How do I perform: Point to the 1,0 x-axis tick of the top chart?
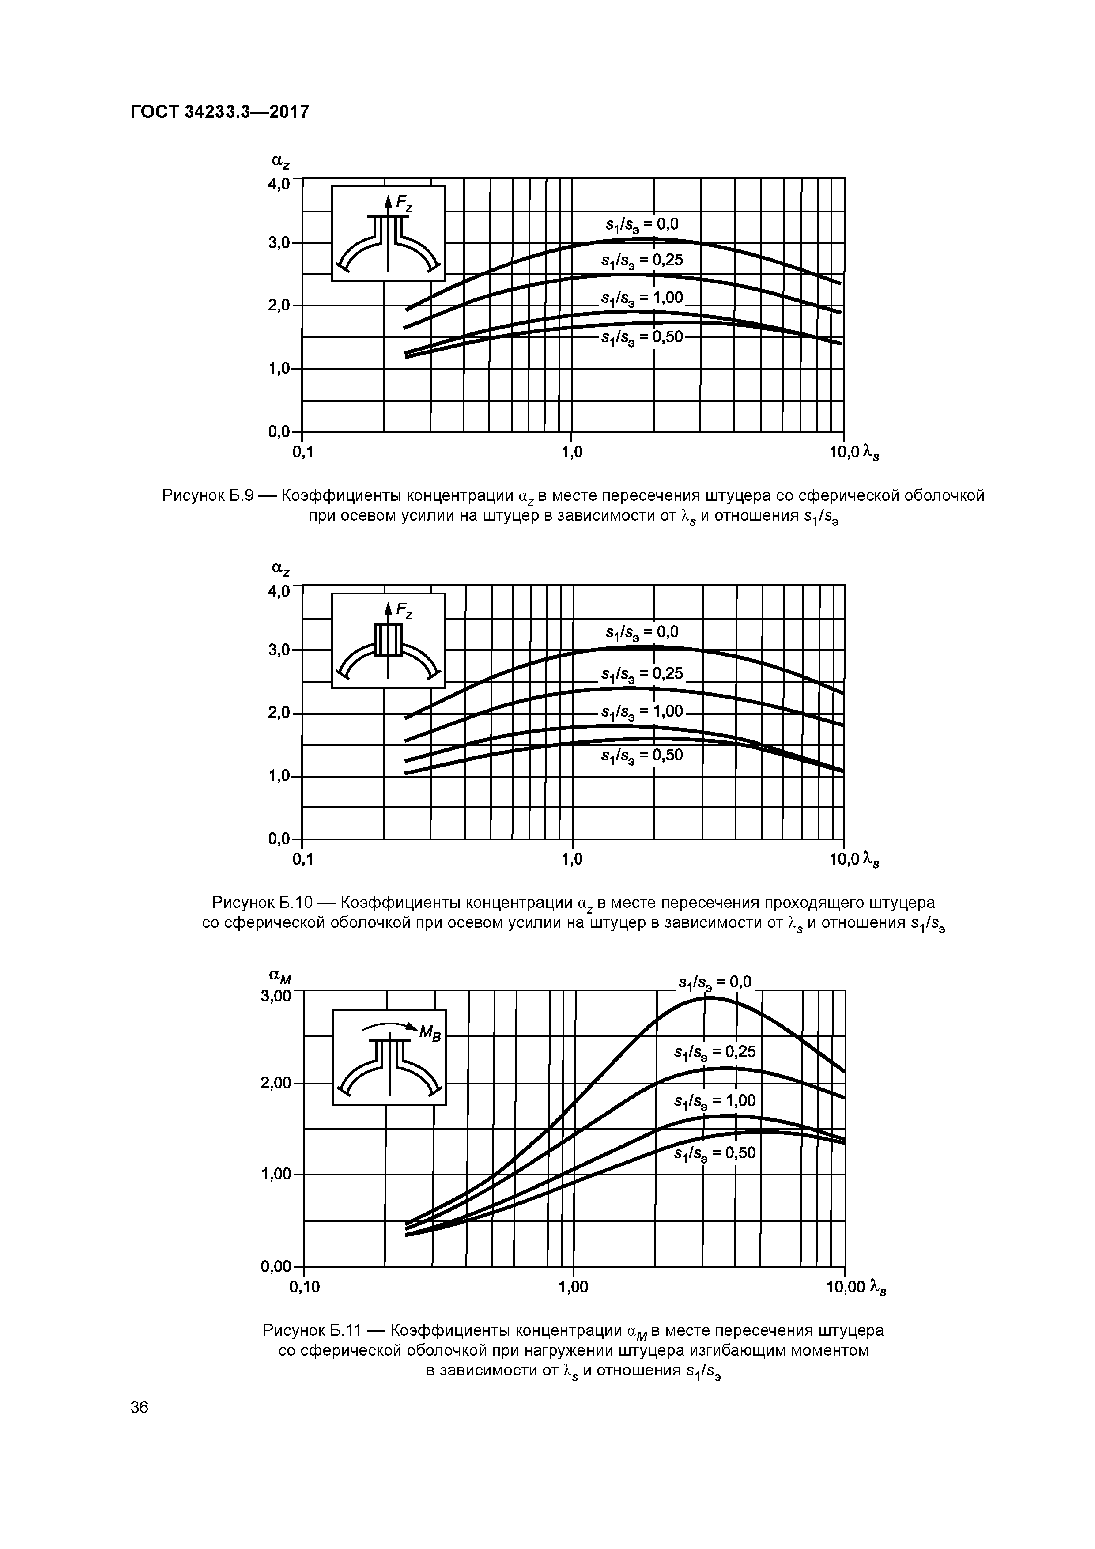(x=571, y=453)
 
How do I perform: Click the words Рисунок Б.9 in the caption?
(x=207, y=496)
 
